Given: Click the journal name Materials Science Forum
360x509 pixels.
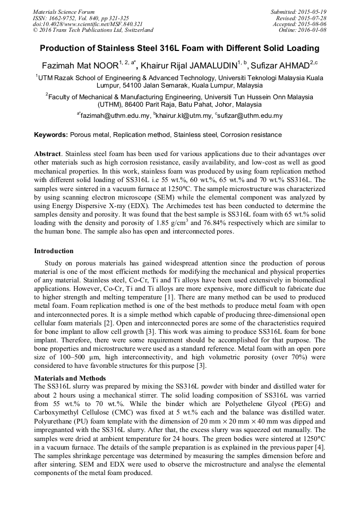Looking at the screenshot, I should coord(64,12).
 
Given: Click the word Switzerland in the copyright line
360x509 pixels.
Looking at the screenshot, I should coord(136,30).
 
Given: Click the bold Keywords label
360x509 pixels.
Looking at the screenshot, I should coord(51,135).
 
